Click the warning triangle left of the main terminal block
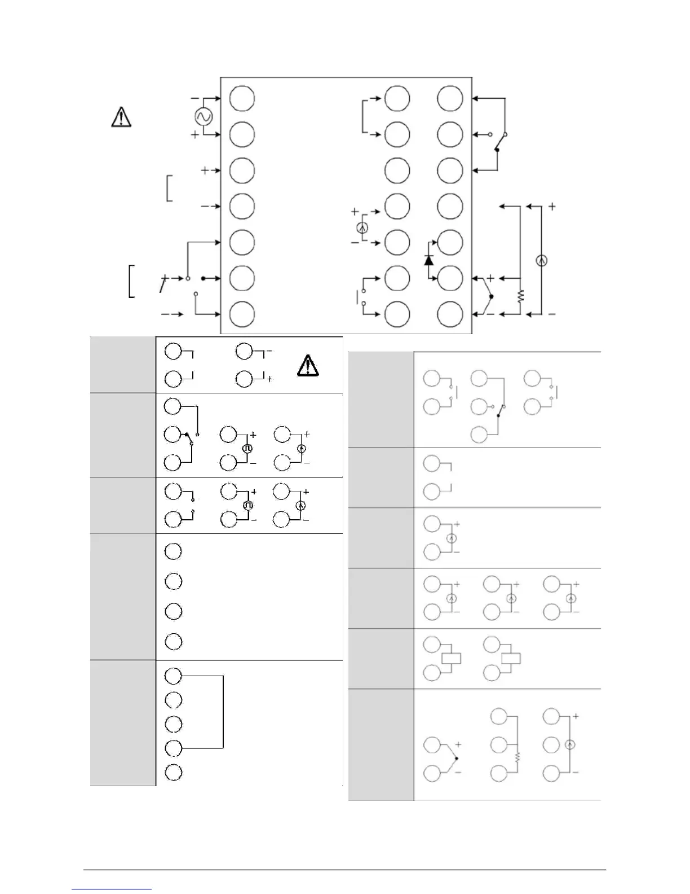click(121, 117)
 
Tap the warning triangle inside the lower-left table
click(308, 366)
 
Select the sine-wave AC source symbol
click(202, 117)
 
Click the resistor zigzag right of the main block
click(521, 296)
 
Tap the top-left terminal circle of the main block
click(242, 98)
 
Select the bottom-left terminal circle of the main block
click(242, 314)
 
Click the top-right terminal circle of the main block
click(450, 98)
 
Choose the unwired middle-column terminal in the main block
click(397, 170)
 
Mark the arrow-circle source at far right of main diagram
click(541, 260)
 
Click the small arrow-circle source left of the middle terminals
click(362, 228)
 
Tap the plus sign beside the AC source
click(195, 135)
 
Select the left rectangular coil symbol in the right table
click(452, 658)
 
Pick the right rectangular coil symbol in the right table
click(511, 658)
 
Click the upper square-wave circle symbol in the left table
click(247, 449)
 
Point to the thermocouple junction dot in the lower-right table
click(457, 759)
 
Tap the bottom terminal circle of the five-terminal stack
click(174, 772)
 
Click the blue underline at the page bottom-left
click(112, 889)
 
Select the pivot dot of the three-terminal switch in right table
click(498, 416)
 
